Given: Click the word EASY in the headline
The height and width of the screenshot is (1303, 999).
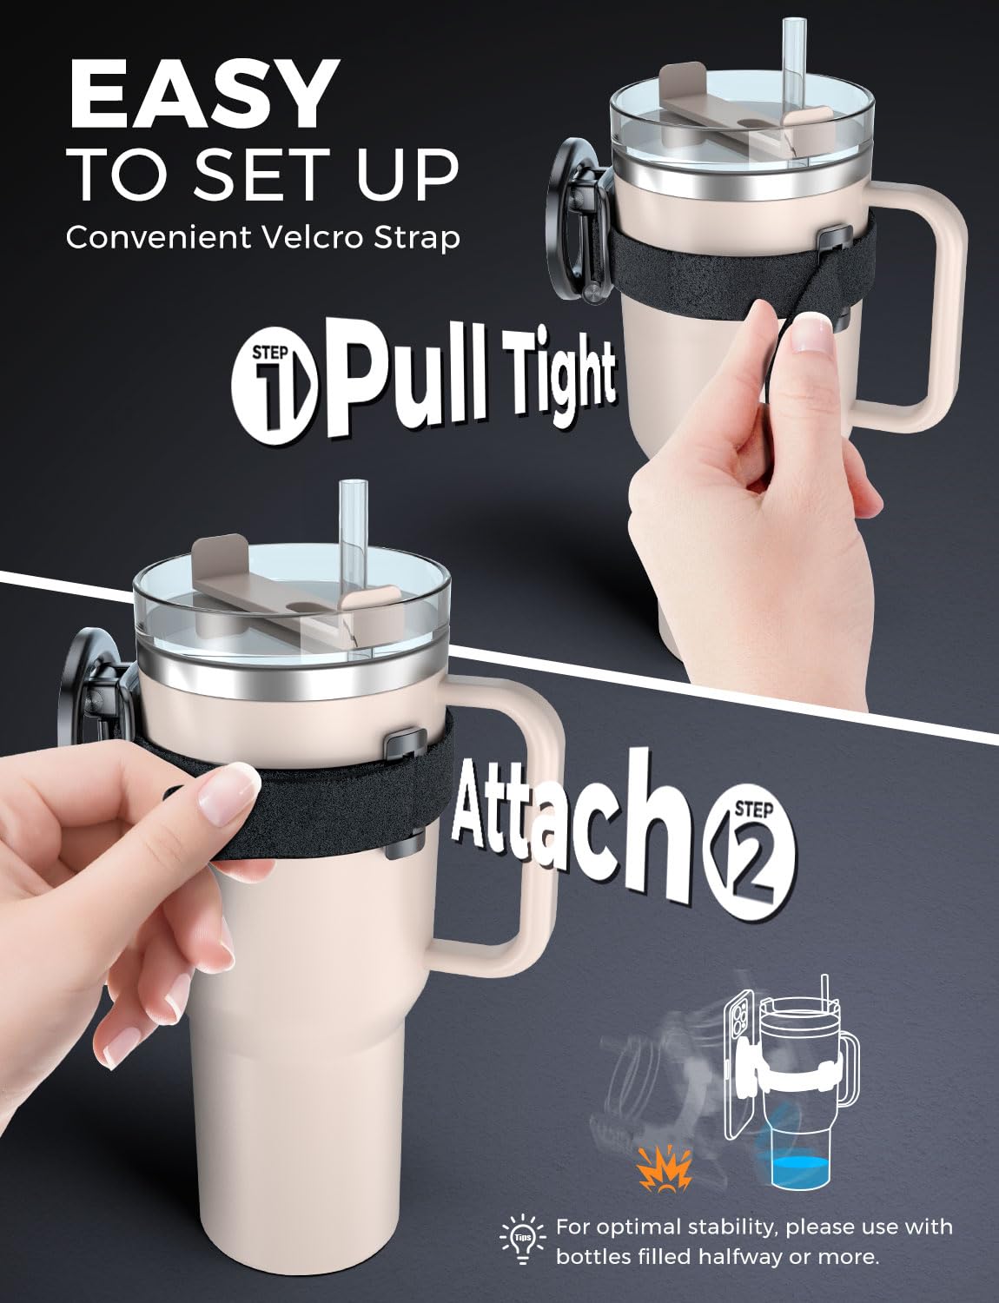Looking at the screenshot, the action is [201, 94].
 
